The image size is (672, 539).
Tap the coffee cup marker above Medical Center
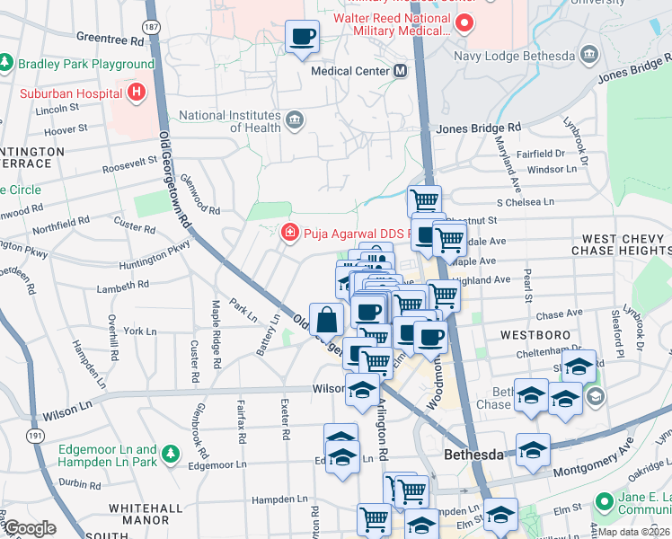coord(302,36)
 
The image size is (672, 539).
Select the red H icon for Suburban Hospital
coord(135,92)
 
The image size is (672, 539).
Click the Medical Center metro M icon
coord(401,70)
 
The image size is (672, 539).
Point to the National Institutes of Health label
coord(229,121)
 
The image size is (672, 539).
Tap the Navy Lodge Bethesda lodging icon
coord(589,56)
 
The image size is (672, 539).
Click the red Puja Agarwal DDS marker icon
coord(289,234)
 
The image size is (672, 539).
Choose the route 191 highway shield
coord(34,436)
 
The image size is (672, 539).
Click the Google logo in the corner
coord(30,527)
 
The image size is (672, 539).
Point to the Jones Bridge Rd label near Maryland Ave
coord(478,128)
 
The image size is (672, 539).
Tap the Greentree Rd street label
coord(111,40)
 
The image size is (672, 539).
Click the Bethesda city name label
coord(473,455)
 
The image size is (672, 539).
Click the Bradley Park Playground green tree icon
coord(7,64)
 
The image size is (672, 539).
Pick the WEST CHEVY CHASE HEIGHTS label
coord(623,244)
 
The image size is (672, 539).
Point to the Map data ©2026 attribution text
coord(633,532)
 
